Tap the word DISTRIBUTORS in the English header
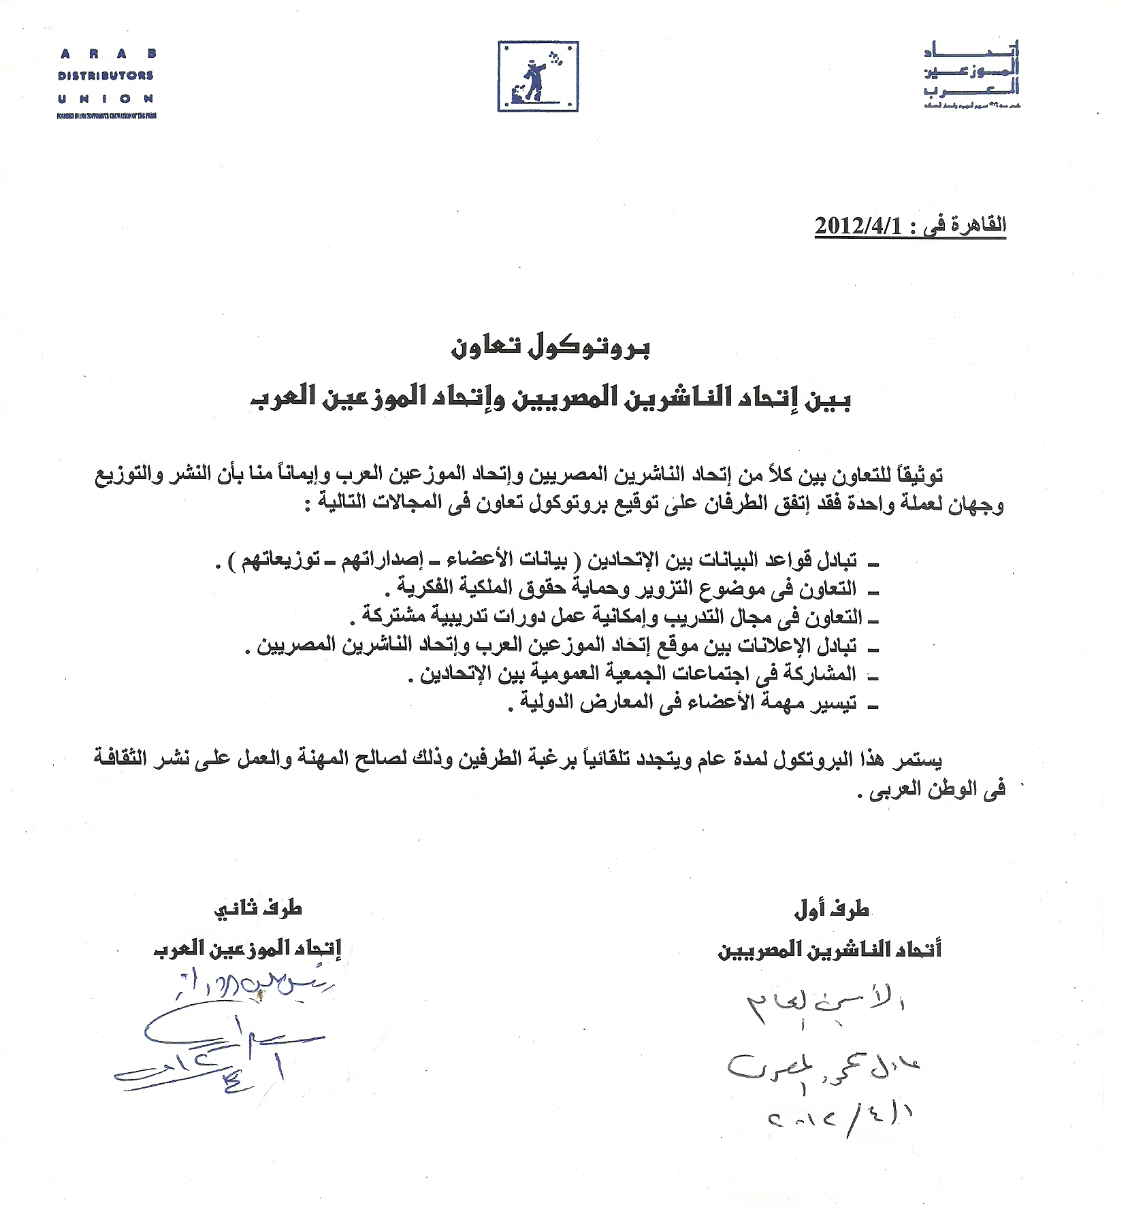point(106,76)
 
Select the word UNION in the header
point(106,98)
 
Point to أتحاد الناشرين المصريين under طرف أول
point(830,950)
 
